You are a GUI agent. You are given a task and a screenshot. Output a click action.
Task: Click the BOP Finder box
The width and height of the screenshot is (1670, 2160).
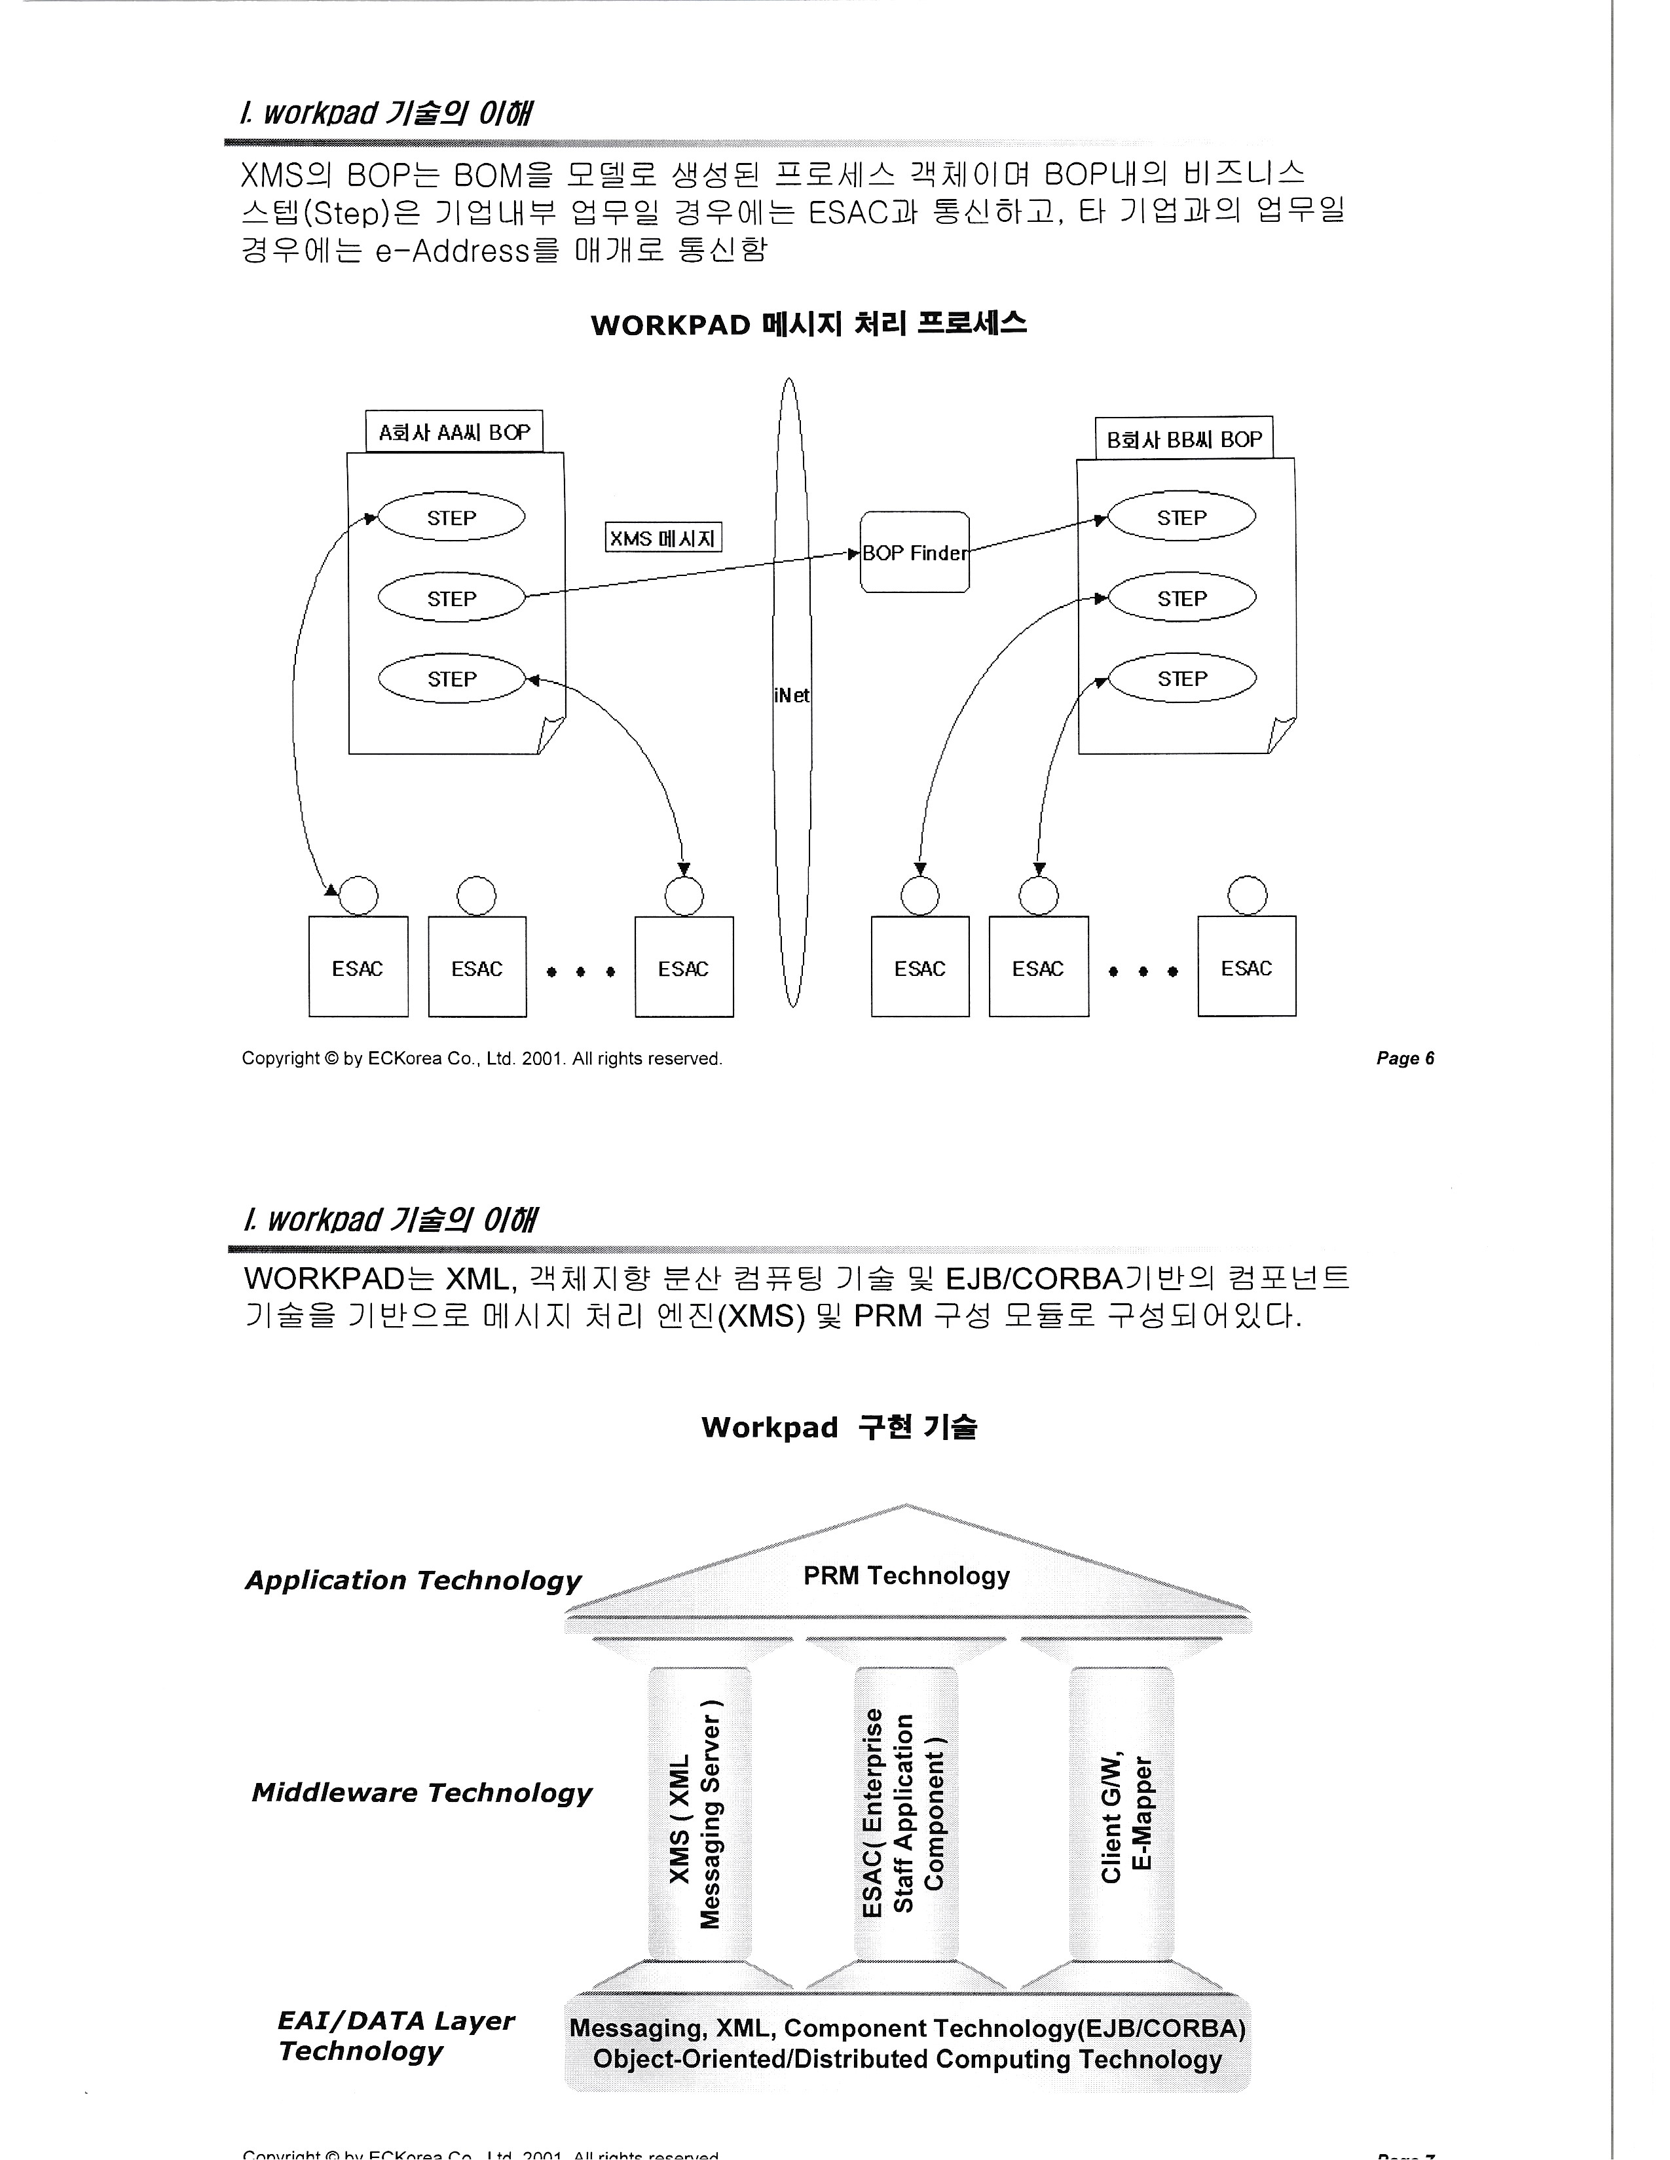point(914,552)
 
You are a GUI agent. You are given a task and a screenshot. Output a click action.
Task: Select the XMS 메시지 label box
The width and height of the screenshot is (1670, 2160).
point(663,538)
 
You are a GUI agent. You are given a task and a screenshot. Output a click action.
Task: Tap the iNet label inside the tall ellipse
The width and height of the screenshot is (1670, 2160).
point(792,695)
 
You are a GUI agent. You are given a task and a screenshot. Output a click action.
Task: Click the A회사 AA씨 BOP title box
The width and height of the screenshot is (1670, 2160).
point(454,432)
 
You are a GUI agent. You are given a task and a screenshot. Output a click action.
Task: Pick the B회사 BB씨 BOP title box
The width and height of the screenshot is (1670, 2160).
point(1183,439)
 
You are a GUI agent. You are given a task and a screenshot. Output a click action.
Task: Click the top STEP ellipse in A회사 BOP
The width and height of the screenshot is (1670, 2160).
point(451,517)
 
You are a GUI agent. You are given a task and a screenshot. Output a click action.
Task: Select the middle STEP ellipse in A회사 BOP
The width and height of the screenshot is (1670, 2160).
point(451,598)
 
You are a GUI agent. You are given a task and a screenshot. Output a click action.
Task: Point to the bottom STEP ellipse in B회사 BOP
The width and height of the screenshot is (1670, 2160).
point(1181,679)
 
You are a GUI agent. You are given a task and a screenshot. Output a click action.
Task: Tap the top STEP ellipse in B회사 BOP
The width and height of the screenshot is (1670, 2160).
point(1181,517)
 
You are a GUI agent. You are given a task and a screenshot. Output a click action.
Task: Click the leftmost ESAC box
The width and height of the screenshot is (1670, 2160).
point(358,967)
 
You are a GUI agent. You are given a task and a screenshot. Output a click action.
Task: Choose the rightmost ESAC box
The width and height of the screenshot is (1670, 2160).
point(1246,967)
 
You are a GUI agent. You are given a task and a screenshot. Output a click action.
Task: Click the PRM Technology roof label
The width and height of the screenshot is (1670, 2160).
point(906,1575)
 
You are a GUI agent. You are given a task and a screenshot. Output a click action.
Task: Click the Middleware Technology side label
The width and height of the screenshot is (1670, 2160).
point(422,1792)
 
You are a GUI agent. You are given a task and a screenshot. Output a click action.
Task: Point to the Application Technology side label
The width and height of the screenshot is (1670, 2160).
point(413,1579)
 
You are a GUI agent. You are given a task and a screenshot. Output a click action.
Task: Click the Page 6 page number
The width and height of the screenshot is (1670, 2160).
point(1405,1058)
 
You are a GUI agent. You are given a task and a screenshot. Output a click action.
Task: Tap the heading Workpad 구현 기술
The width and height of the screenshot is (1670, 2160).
point(839,1427)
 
